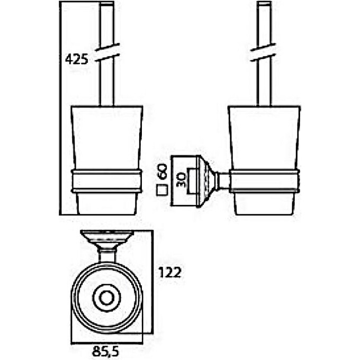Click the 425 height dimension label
point(77,59)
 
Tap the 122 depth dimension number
point(170,272)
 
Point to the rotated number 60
point(163,171)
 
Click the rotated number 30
point(181,180)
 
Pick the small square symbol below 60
point(162,190)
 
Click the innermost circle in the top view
point(106,299)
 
